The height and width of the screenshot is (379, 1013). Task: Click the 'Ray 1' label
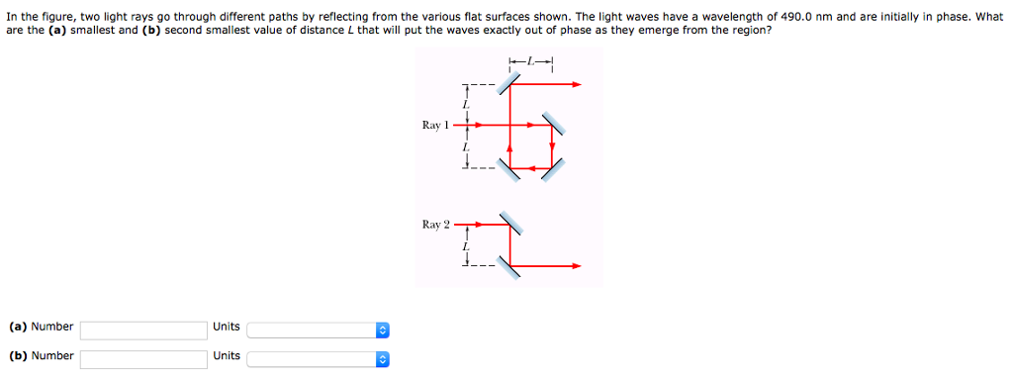pyautogui.click(x=435, y=125)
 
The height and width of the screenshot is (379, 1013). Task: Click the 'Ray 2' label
pyautogui.click(x=435, y=225)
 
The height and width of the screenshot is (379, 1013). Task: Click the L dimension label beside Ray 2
pyautogui.click(x=463, y=245)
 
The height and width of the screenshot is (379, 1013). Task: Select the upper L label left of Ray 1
pyautogui.click(x=463, y=104)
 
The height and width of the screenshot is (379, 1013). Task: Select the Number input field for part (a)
pyautogui.click(x=143, y=329)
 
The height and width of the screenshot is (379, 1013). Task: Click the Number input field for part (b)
pyautogui.click(x=143, y=357)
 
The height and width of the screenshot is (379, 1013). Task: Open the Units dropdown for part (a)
pyautogui.click(x=320, y=329)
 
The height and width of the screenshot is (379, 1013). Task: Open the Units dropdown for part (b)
pyautogui.click(x=320, y=357)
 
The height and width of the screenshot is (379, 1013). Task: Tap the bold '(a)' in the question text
pyautogui.click(x=58, y=31)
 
